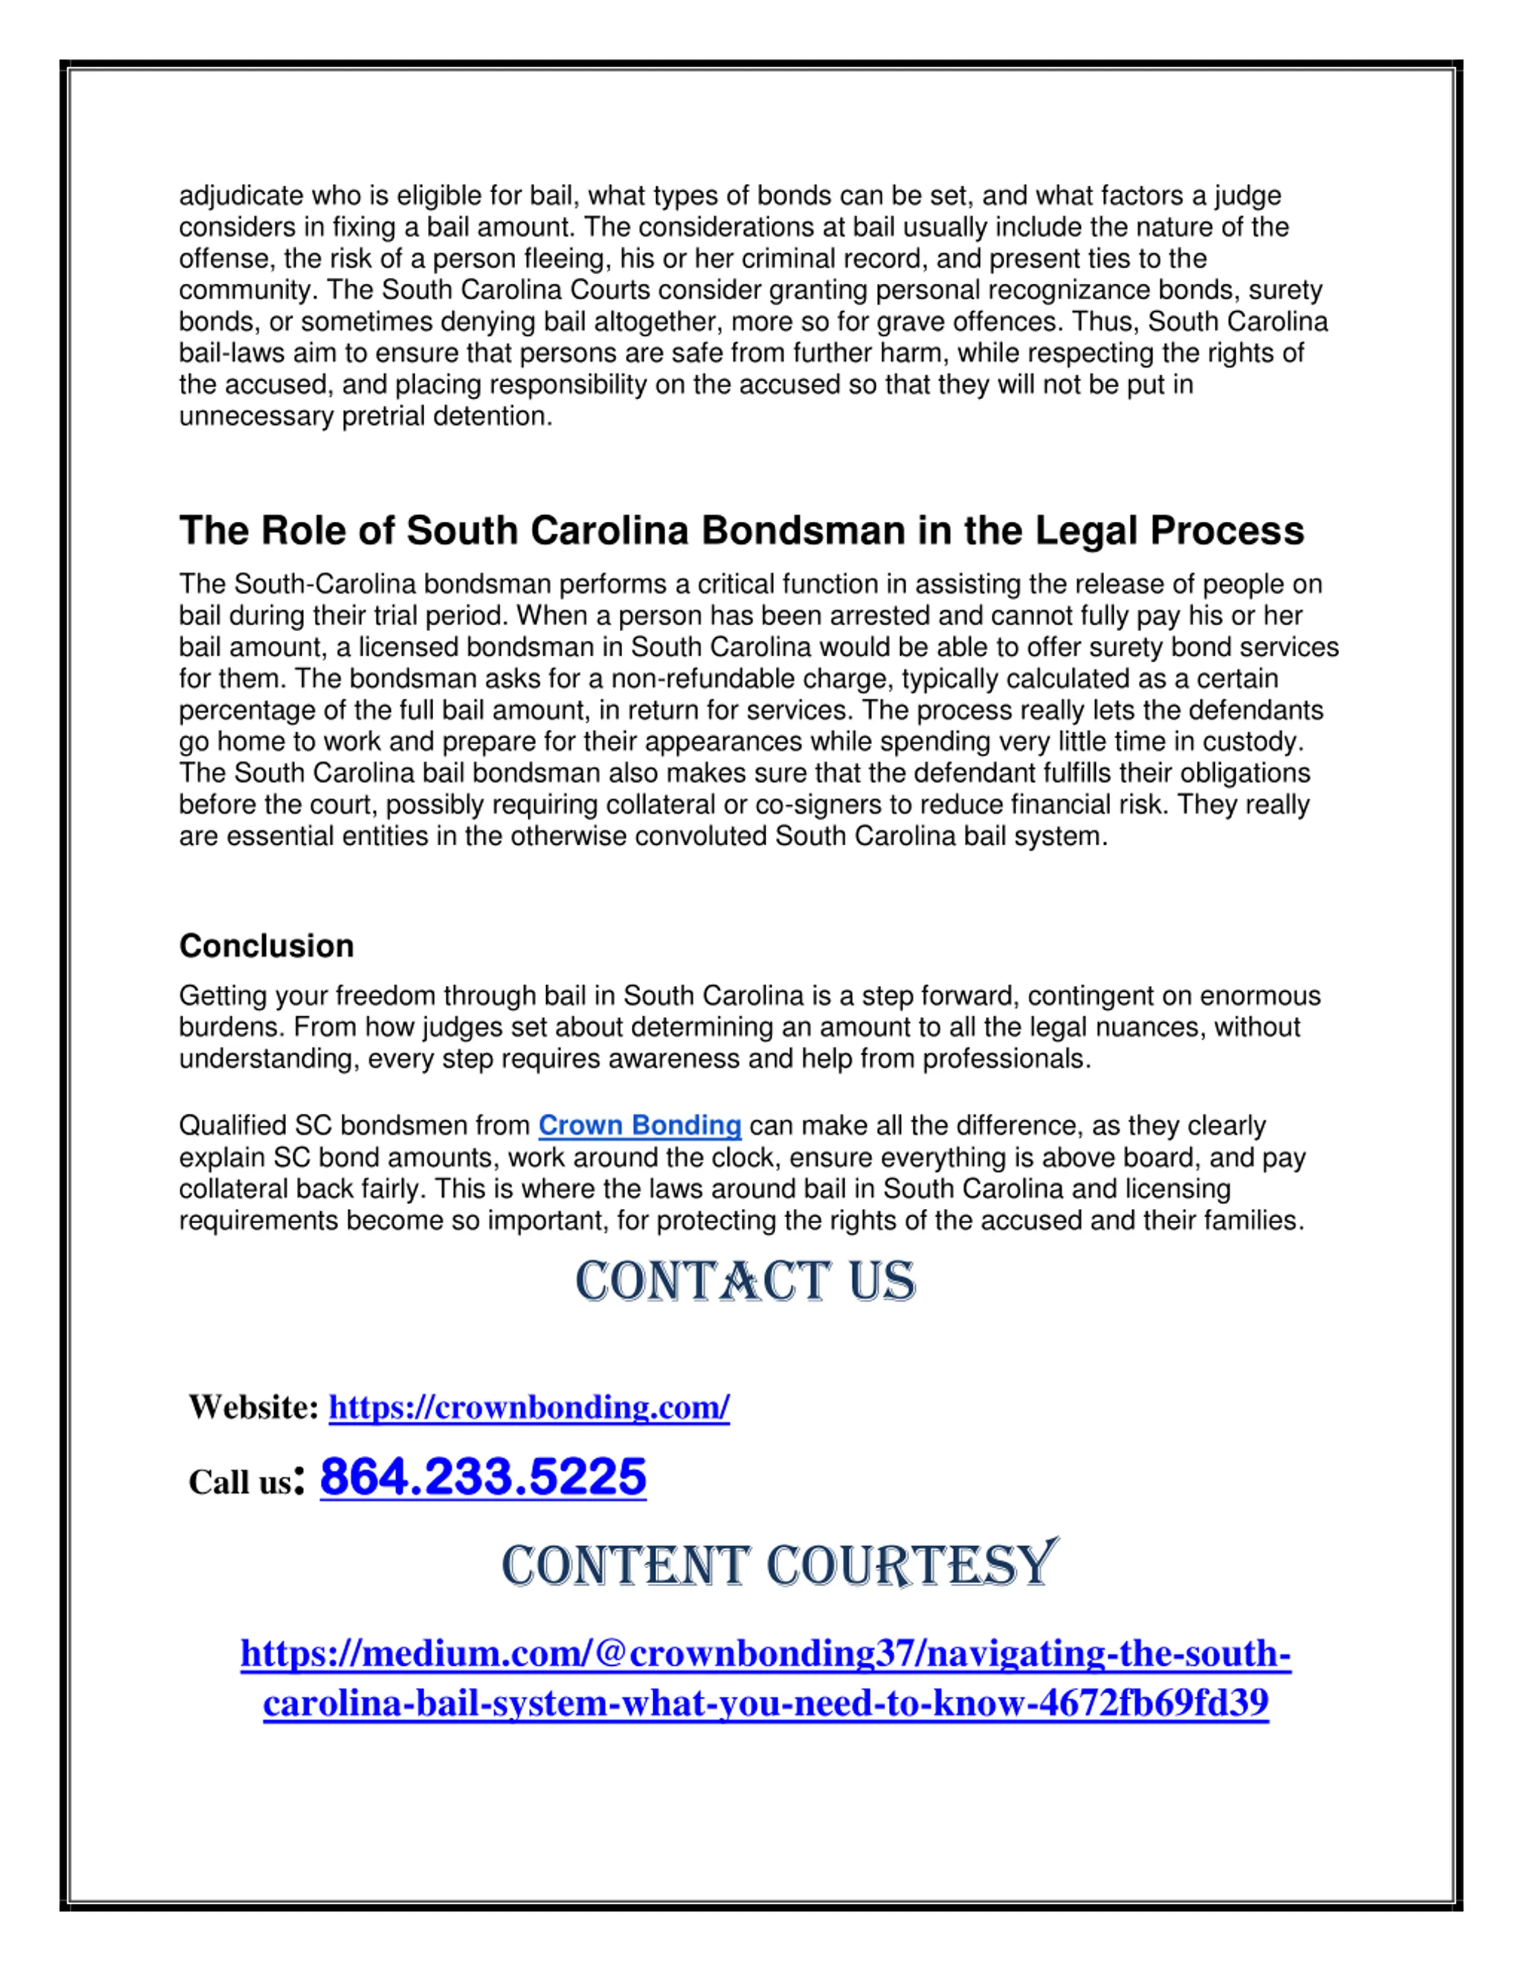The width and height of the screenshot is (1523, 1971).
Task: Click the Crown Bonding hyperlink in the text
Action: point(640,1126)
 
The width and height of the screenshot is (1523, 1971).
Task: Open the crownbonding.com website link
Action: point(529,1407)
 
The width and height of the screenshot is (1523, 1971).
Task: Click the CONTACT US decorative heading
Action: point(745,1281)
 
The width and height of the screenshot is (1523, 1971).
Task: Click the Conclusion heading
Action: point(266,946)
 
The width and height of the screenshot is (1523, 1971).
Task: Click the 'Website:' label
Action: point(253,1407)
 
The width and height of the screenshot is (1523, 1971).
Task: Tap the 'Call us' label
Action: point(240,1482)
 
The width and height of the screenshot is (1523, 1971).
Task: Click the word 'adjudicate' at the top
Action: point(241,196)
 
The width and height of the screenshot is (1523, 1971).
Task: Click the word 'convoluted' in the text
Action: point(700,836)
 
